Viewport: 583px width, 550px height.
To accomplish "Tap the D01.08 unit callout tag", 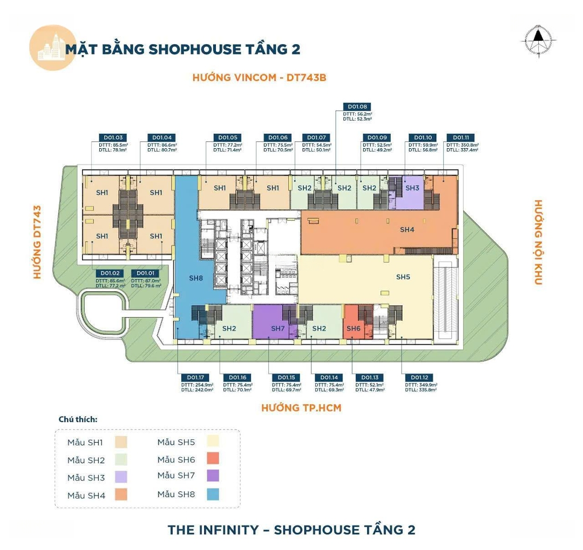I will click(357, 107).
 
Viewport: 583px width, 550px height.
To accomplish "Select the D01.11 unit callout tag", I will click(460, 137).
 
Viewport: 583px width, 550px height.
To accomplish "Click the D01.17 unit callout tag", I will click(195, 377).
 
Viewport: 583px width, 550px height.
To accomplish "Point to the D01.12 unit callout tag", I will click(419, 377).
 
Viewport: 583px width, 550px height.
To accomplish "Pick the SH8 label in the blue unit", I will click(195, 278).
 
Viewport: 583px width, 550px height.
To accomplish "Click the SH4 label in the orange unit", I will click(407, 230).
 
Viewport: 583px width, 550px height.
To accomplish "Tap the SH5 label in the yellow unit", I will click(403, 277).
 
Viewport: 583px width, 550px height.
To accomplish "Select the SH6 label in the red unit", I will click(353, 328).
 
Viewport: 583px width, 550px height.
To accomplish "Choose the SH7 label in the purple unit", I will click(277, 328).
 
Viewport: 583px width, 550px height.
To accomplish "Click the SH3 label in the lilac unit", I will click(412, 188).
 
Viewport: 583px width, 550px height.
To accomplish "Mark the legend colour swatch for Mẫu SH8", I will click(213, 494).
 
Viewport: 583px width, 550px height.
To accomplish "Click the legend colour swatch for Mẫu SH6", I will click(213, 459).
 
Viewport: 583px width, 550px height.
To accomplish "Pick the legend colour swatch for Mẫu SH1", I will click(121, 443).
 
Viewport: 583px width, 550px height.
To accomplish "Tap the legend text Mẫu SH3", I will click(86, 478).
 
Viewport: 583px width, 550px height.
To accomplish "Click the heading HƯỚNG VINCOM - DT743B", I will click(259, 78).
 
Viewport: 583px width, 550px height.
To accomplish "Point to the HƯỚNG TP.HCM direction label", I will click(301, 408).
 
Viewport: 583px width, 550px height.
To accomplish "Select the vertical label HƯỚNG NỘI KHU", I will click(538, 242).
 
